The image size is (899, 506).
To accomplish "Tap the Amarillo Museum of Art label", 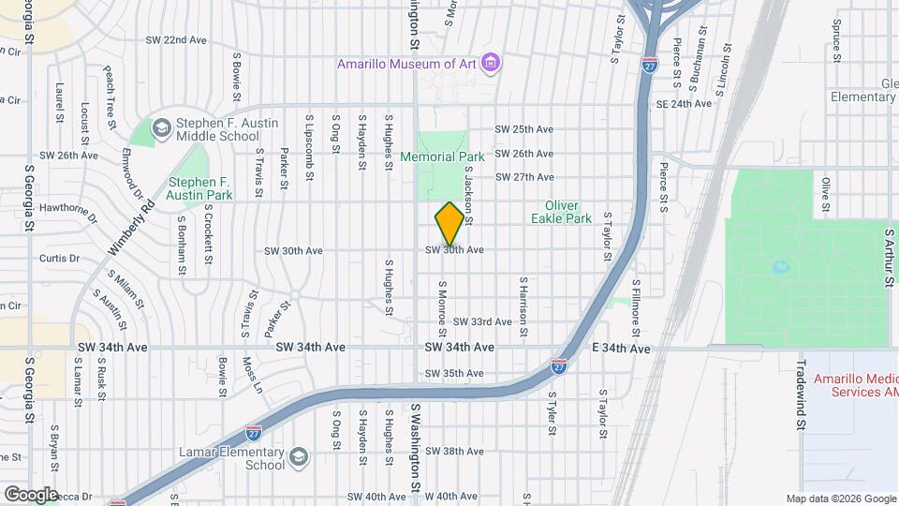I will (408, 64).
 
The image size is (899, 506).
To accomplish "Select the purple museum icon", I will (493, 63).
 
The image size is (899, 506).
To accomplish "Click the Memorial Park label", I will (442, 156).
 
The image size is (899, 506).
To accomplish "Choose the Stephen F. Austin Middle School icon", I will (160, 127).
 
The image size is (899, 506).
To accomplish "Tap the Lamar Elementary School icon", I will (298, 457).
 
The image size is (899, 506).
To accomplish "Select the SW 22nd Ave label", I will (176, 40).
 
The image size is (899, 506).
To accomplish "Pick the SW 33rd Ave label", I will (482, 321).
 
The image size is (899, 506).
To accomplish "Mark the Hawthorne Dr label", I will (67, 212).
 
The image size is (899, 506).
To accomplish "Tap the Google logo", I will (31, 494).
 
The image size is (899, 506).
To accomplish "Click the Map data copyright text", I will (840, 499).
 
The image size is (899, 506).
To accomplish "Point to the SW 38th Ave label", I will (454, 451).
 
